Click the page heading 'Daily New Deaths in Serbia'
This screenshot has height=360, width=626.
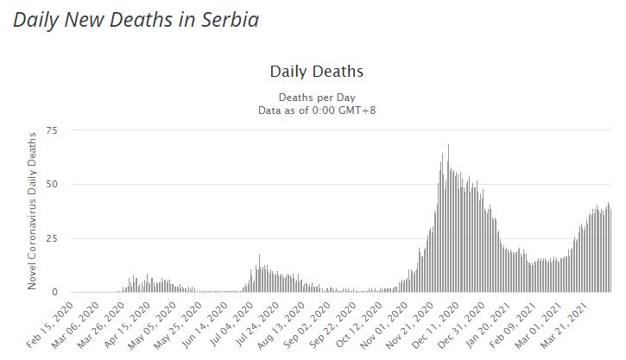(136, 19)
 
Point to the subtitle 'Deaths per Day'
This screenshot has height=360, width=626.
(317, 97)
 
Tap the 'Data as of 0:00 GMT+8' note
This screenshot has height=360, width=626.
(317, 110)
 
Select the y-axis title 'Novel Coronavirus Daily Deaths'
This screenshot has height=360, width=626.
(34, 210)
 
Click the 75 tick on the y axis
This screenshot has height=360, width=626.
(51, 130)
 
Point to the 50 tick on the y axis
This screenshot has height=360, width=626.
(51, 185)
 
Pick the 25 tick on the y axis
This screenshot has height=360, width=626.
(51, 238)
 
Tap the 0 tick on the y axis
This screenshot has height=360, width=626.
(54, 293)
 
